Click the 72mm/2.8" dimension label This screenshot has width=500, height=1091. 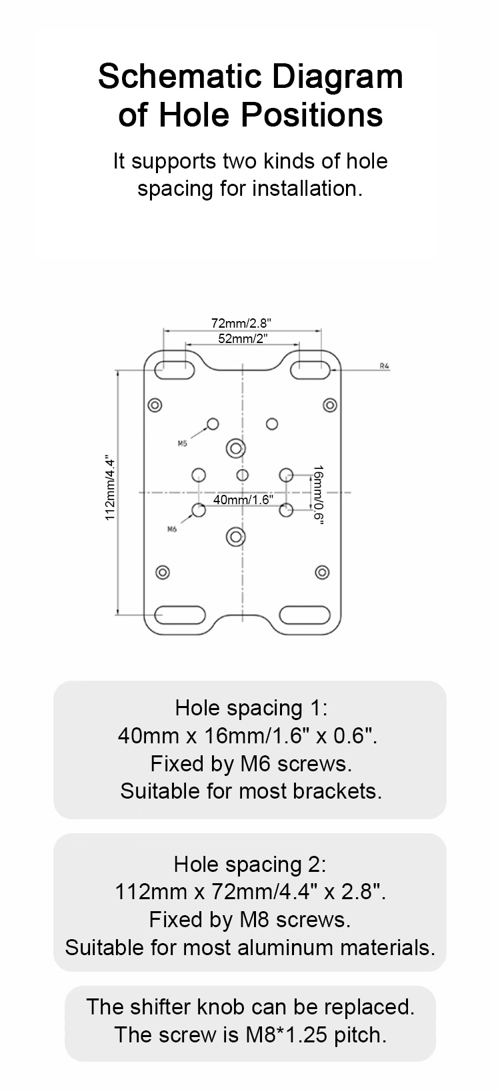click(x=241, y=323)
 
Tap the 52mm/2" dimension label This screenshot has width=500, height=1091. click(x=243, y=338)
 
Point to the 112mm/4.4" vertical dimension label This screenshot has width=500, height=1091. click(x=109, y=489)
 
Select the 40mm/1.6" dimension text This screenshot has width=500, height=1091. click(x=243, y=500)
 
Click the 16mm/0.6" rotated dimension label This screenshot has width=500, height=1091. click(x=318, y=495)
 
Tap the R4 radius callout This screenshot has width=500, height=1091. click(x=385, y=366)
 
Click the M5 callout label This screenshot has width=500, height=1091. click(x=182, y=443)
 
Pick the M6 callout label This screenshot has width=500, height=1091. click(x=172, y=530)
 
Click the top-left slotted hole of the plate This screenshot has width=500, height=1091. click(x=175, y=370)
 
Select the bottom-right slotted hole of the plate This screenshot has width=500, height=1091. click(x=305, y=615)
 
